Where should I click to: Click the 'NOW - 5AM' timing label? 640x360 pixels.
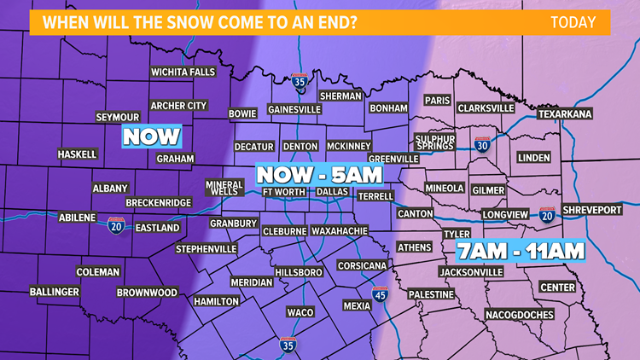point(318,175)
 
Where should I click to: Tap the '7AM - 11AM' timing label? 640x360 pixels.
point(521,251)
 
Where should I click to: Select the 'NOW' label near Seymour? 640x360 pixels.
point(152,136)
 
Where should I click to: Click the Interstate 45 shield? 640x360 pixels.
point(380,294)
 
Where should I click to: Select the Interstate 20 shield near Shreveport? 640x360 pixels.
point(547,214)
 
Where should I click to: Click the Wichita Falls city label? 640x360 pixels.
point(183,73)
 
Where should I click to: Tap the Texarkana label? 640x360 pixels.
point(565,113)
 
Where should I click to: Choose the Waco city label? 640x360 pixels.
point(300,312)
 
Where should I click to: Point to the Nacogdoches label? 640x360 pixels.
point(519,314)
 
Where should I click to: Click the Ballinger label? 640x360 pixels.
point(55,292)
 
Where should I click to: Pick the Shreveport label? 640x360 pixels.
point(594,210)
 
